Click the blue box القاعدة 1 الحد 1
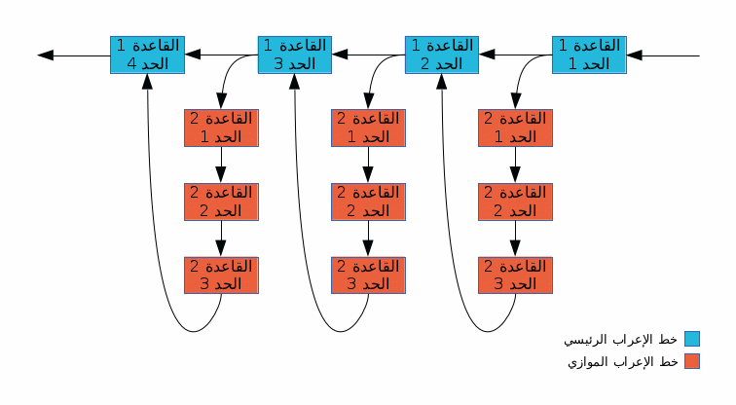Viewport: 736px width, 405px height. [x=589, y=55]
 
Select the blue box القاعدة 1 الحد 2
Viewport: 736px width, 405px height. [x=442, y=55]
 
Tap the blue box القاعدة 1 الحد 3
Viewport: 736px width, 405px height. [x=294, y=55]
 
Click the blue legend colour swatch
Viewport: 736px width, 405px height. [x=691, y=339]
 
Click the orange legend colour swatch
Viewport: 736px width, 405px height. [x=691, y=361]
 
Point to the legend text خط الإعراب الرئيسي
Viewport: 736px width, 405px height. [x=621, y=340]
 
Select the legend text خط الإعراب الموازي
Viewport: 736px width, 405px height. [x=621, y=362]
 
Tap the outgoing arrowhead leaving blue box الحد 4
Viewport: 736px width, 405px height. [x=44, y=55]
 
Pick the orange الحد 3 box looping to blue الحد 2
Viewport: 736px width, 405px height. [x=516, y=275]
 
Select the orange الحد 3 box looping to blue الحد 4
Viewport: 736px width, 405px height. [x=221, y=275]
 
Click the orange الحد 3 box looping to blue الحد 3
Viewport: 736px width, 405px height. [x=368, y=275]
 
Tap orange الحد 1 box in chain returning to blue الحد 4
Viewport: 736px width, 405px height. [x=221, y=128]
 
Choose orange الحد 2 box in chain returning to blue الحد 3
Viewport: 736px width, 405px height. [x=368, y=202]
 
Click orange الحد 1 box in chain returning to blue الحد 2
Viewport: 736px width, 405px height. [x=516, y=128]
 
